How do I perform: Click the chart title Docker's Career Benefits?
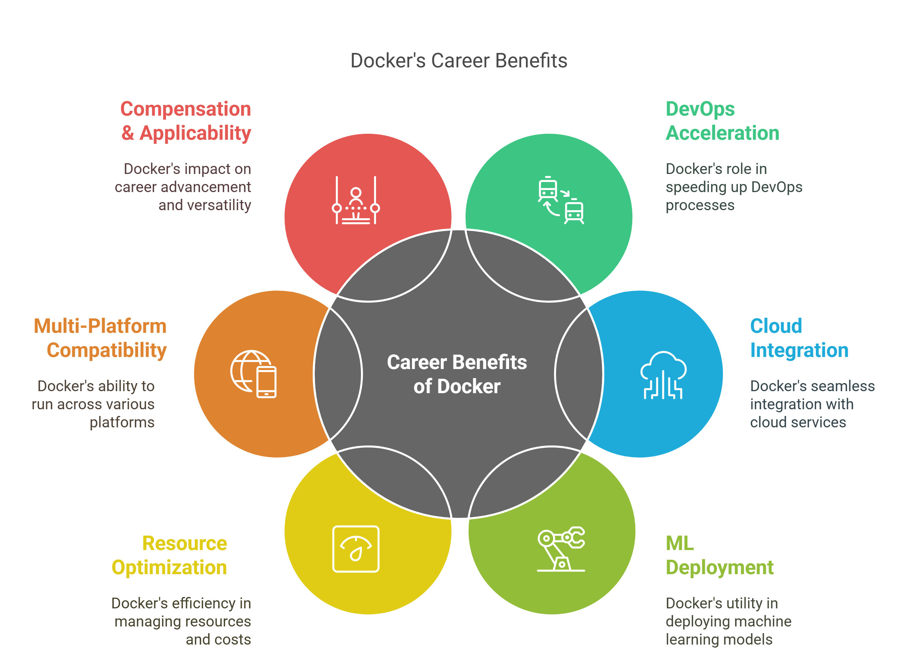458,61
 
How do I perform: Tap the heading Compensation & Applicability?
186,121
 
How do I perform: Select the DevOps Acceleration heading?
722,121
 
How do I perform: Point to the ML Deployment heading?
719,555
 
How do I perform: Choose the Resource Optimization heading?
169,555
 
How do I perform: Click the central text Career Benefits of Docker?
457,374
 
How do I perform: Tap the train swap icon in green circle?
561,200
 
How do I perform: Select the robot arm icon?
561,549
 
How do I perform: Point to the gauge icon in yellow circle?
356,549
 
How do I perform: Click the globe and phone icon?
254,374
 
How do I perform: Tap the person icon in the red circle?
356,200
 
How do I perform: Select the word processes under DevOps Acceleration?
700,205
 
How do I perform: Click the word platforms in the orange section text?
122,422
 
